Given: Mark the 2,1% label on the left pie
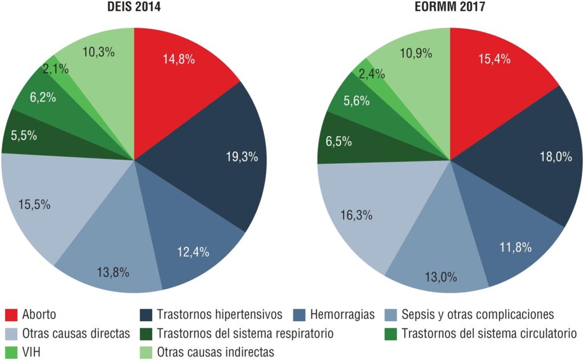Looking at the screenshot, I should [x=55, y=70].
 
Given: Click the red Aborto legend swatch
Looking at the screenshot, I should [x=11, y=314].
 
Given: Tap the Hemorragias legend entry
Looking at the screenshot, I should [x=342, y=314].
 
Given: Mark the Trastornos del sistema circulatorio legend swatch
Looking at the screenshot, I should [x=392, y=333].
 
